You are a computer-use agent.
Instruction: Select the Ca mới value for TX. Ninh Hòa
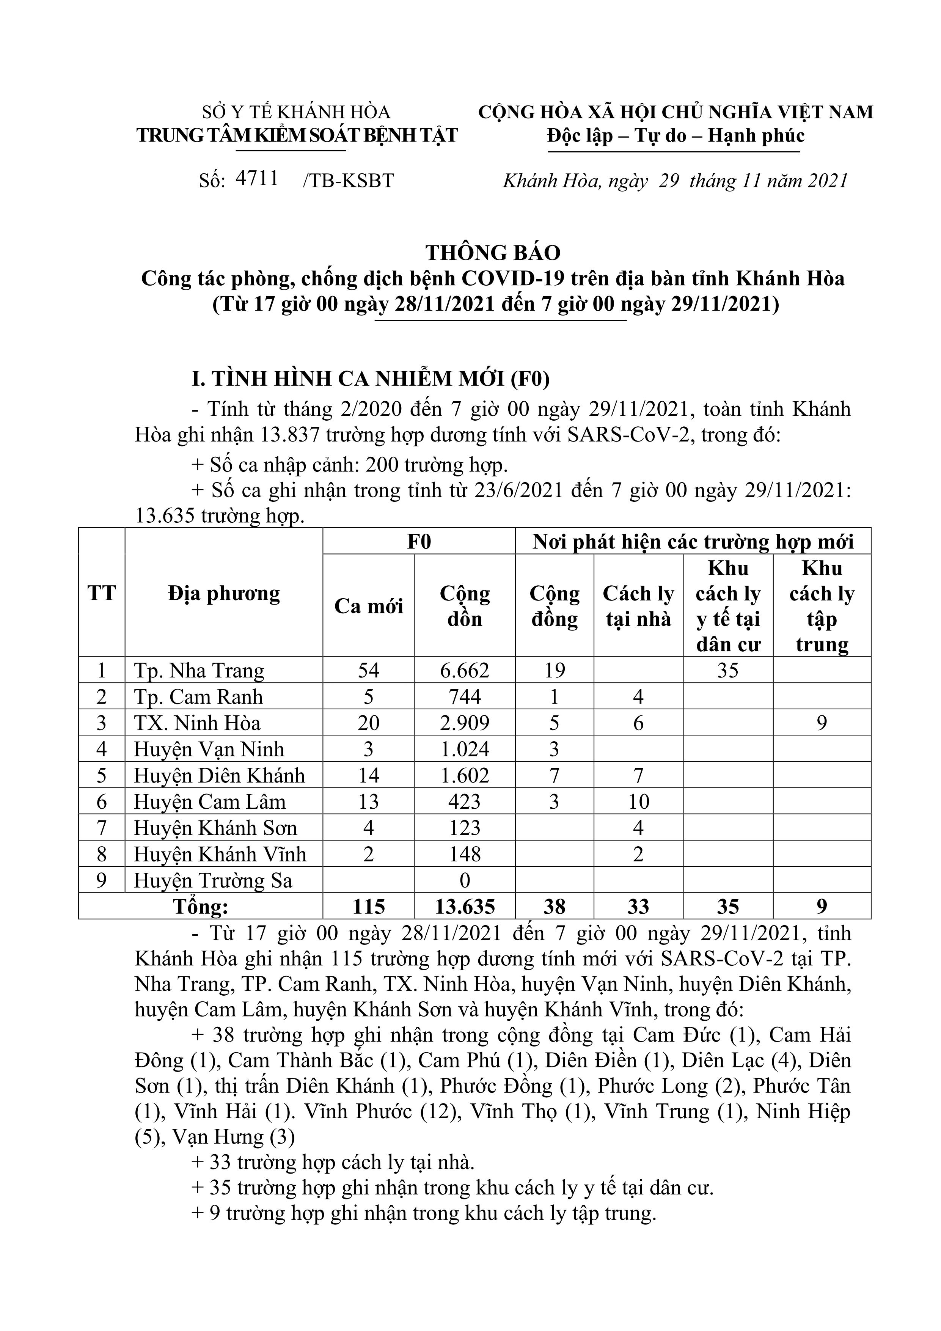click(x=369, y=723)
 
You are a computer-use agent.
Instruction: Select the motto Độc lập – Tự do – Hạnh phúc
click(x=676, y=136)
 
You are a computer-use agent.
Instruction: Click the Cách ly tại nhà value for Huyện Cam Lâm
click(x=638, y=802)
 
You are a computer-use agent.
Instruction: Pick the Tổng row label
click(x=201, y=907)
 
